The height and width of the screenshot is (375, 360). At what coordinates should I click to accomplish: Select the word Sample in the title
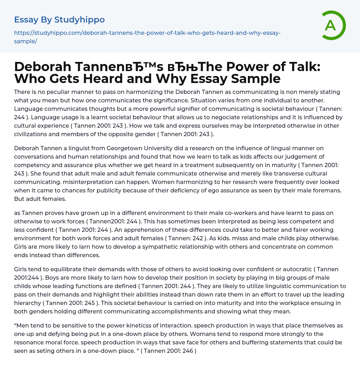coord(254,78)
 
